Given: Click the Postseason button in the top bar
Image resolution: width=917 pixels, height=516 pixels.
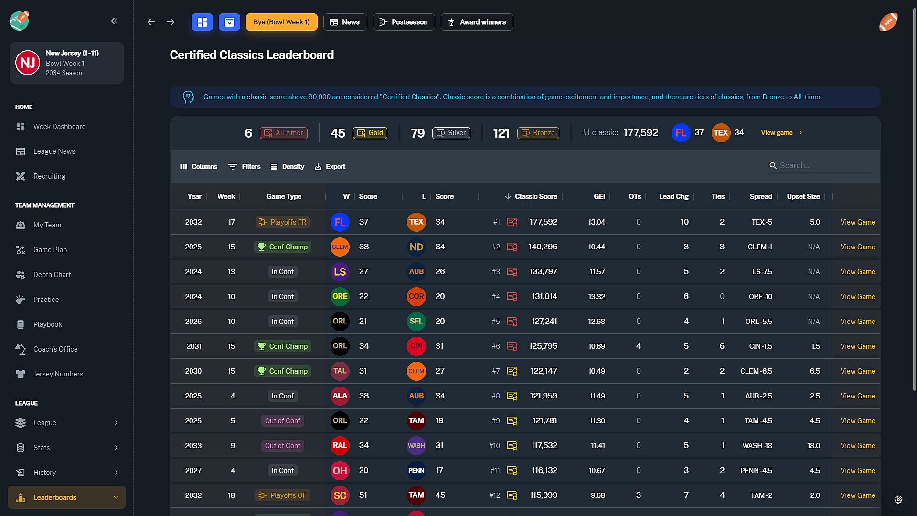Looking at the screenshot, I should tap(404, 22).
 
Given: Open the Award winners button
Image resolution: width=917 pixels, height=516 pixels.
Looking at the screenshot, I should tap(477, 22).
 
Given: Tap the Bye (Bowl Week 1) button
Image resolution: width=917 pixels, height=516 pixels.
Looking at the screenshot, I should tap(281, 22).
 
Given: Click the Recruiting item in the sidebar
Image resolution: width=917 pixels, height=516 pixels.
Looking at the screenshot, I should tap(49, 176).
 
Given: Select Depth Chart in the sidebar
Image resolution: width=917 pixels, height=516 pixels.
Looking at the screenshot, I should tap(52, 275).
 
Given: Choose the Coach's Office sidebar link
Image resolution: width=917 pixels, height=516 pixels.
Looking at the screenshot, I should tap(55, 349).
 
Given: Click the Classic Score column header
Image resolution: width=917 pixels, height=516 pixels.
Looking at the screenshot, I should tap(535, 196).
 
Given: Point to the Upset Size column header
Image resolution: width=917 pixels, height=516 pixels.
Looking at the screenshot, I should tap(803, 196).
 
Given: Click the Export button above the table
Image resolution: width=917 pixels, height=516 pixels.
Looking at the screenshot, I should tap(330, 167).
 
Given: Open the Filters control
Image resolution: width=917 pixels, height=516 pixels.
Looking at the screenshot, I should tap(245, 167).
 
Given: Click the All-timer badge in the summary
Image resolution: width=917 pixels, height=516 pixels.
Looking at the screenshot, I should tap(284, 133).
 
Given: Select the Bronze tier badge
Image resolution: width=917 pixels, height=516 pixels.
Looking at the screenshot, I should tap(538, 133).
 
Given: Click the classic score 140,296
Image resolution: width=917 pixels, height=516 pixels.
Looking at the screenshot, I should tap(543, 247).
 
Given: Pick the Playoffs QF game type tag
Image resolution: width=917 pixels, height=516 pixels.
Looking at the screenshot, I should tap(283, 495).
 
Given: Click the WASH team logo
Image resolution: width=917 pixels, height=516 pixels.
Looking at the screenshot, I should tap(416, 446).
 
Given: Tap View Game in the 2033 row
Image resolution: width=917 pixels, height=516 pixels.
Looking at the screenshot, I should tap(858, 446).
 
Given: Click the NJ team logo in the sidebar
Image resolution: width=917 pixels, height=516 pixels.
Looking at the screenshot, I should tap(28, 63).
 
